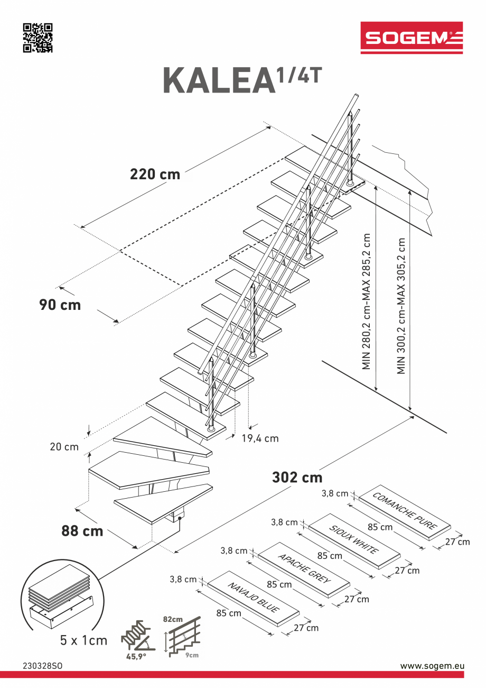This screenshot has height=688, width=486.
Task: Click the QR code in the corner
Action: pyautogui.click(x=38, y=38)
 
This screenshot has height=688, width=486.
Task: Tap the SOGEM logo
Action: pyautogui.click(x=412, y=38)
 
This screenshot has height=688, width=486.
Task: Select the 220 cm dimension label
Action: pyautogui.click(x=155, y=174)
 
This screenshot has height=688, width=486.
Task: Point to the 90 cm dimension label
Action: pyautogui.click(x=60, y=305)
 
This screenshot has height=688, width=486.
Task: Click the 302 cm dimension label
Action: pyautogui.click(x=297, y=477)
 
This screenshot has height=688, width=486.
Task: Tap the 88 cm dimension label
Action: pyautogui.click(x=82, y=531)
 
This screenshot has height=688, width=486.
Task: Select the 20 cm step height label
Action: pyautogui.click(x=64, y=447)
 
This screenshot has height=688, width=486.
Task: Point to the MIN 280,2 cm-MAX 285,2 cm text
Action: pyautogui.click(x=367, y=301)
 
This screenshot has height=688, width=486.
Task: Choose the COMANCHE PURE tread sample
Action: pyautogui.click(x=405, y=511)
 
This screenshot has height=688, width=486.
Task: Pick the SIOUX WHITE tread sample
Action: pyautogui.click(x=354, y=540)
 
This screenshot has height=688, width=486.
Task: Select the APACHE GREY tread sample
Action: pyautogui.click(x=304, y=569)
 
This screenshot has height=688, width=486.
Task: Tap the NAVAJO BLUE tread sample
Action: pyautogui.click(x=254, y=598)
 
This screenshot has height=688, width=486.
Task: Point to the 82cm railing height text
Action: pyautogui.click(x=173, y=619)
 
